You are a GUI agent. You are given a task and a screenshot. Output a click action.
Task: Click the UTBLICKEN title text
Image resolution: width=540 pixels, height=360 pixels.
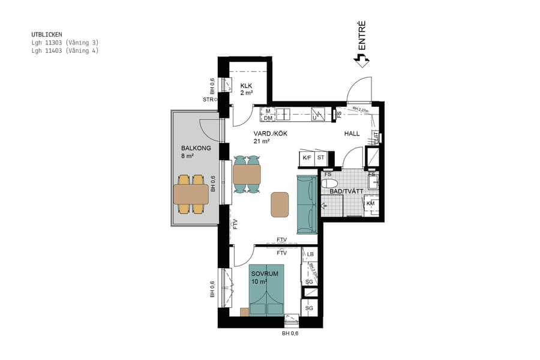46,35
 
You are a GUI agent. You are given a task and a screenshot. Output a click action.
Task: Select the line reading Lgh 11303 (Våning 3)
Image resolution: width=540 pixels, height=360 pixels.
65,43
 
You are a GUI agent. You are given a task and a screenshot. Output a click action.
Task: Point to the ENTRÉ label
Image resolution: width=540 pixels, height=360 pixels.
362,35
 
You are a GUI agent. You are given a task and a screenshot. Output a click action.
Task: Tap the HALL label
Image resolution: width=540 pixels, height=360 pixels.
352,133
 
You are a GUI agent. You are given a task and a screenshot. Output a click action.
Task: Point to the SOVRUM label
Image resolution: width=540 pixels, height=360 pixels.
265,273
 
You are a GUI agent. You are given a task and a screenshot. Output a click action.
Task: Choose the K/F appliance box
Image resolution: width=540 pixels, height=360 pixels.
307,158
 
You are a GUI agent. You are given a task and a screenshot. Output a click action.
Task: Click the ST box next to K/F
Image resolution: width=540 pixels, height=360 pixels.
320,158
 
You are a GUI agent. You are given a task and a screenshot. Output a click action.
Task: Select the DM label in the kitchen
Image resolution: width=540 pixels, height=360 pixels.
268,118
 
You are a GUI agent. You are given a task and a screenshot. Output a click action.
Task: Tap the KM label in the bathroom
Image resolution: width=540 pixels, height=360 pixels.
370,204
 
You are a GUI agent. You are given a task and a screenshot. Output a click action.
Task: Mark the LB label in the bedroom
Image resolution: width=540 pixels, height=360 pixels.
310,254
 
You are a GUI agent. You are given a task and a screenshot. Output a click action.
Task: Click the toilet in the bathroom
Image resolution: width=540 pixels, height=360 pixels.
328,183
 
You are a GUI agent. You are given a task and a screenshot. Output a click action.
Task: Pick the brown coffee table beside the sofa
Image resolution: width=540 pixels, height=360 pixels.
280,204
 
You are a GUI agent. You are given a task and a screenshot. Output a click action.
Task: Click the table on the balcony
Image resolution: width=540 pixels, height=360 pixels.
191,194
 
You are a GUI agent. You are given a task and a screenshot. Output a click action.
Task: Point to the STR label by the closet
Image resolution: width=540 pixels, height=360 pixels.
208,100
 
